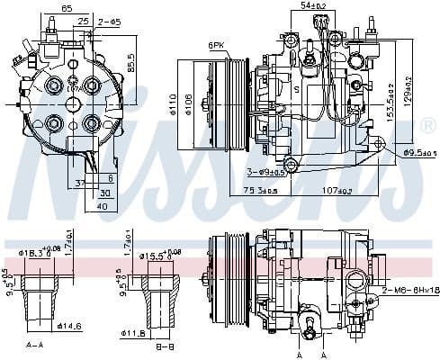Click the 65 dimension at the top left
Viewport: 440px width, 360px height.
pos(67,7)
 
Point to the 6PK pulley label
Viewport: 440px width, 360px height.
pos(215,44)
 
